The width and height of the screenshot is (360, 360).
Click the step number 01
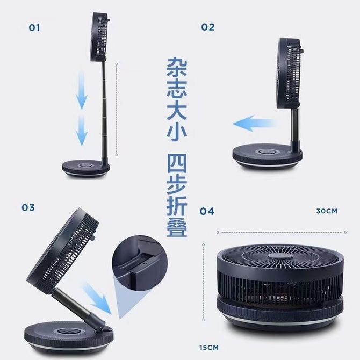pos(34,28)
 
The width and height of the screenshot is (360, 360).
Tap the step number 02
pos(208,27)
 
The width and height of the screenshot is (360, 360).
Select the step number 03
pos(28,207)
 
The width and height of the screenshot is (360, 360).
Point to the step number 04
pos(207,211)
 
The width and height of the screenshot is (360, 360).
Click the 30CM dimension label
pos(327,211)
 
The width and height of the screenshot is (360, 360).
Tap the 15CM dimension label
pos(209,347)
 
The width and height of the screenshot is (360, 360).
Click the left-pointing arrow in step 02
pos(254,123)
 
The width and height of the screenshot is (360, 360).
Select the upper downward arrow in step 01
pos(82,90)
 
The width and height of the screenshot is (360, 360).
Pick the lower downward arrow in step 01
pos(82,131)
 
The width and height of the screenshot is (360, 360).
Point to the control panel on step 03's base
pos(67,332)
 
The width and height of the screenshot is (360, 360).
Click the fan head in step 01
pos(99,37)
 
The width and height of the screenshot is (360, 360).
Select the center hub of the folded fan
pos(280,256)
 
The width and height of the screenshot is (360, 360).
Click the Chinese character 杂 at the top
pos(177,67)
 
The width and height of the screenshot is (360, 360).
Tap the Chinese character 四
pos(177,163)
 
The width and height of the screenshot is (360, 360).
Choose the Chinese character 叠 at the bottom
pos(177,226)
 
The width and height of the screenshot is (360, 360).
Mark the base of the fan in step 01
pos(85,168)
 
